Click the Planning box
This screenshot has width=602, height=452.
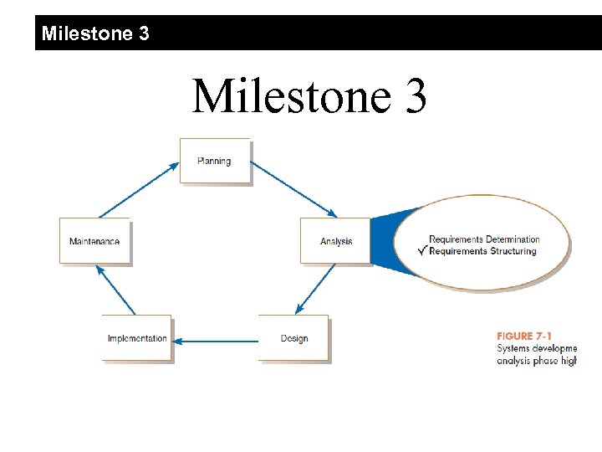[215, 161]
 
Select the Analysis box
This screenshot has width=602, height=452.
[335, 241]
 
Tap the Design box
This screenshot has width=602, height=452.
[293, 338]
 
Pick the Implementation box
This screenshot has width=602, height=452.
[137, 338]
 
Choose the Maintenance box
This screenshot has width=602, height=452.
[94, 241]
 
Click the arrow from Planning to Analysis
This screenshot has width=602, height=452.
[293, 190]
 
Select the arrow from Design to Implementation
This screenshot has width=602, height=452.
[219, 340]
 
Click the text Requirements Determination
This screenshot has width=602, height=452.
[484, 239]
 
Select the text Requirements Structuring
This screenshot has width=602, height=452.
[482, 251]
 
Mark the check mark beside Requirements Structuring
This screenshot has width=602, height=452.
[422, 250]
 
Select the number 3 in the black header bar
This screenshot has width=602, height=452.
[145, 33]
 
